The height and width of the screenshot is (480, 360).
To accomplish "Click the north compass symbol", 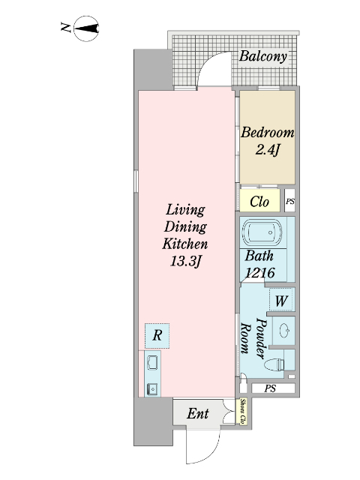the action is pos(87,28).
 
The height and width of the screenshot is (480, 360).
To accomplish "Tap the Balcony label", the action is pos(263,56).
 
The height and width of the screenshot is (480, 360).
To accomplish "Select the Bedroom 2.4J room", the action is pos(267,137).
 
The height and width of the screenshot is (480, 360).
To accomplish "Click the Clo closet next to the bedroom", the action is pos(259,200).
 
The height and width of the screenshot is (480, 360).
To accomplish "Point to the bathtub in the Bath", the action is pos(262,232).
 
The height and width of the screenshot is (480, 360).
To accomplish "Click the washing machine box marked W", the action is pos(281,300).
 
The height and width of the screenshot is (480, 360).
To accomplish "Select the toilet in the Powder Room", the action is pos(274,364).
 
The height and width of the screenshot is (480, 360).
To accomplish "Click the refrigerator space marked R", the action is pos(157,335).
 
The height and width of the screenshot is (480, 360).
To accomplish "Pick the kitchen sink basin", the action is pos(152,363).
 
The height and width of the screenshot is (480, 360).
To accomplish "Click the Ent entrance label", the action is pos(198,413).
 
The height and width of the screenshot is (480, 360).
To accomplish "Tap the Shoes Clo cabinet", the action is pos(243,411).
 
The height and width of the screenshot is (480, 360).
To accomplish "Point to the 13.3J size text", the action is pos(185,262).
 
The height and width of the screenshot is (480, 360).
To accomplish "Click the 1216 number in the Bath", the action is pos(260,272).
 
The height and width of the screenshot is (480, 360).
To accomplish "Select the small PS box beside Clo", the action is pos(290,202).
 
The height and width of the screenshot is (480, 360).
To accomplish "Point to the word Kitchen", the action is pos(185,244).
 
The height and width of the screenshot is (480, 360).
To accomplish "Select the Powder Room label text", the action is pos(253,338).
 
